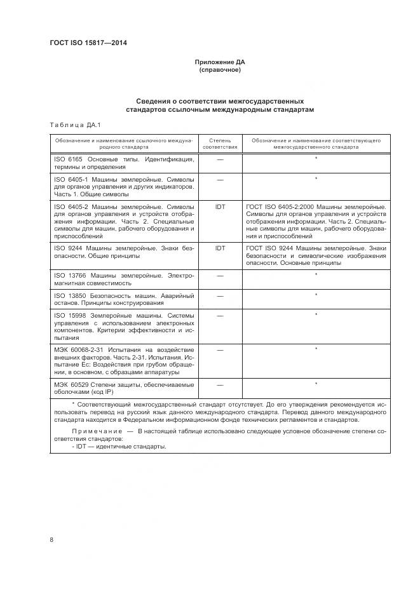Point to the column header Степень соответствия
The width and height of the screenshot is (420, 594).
click(x=220, y=142)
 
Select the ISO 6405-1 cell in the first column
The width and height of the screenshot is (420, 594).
click(x=125, y=187)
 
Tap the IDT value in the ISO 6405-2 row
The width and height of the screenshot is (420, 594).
click(x=220, y=207)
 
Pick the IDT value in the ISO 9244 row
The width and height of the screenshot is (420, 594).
click(x=220, y=247)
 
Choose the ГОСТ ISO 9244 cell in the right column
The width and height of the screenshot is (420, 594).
click(x=315, y=255)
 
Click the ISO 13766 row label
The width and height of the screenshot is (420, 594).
click(x=125, y=279)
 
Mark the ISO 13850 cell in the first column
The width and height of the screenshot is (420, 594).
click(x=125, y=299)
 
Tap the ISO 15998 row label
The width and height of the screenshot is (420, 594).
click(x=125, y=327)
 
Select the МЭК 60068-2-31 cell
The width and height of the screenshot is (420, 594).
click(x=125, y=361)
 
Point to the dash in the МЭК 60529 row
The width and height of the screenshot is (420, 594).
click(x=220, y=384)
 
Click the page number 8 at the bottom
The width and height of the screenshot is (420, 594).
click(x=51, y=540)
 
